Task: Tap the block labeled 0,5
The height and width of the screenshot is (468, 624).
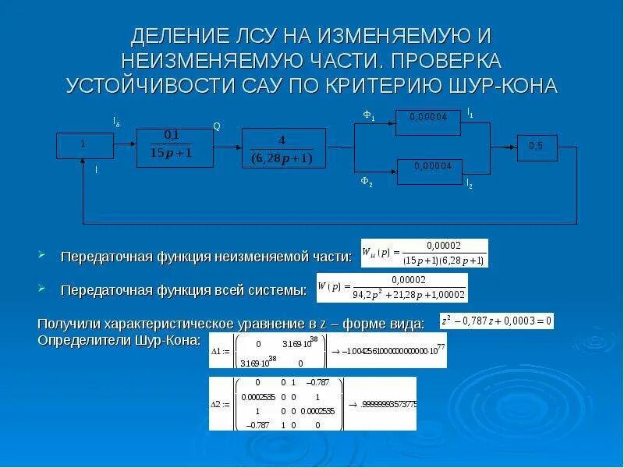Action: [536, 146]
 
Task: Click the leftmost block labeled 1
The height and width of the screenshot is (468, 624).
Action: [83, 144]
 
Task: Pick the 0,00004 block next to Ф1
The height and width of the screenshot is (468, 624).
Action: [430, 117]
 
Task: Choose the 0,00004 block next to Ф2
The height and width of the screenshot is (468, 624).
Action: [430, 168]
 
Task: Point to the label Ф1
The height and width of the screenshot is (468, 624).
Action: [369, 116]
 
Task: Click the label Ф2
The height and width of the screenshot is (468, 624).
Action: [366, 182]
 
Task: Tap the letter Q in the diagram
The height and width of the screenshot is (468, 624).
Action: [217, 126]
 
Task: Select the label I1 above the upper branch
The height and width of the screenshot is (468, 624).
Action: [470, 114]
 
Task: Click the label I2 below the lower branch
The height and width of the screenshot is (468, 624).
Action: [469, 184]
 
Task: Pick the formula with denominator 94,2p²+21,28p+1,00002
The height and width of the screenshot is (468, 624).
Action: [392, 288]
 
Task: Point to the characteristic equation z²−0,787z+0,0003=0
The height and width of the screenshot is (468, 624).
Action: [496, 321]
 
